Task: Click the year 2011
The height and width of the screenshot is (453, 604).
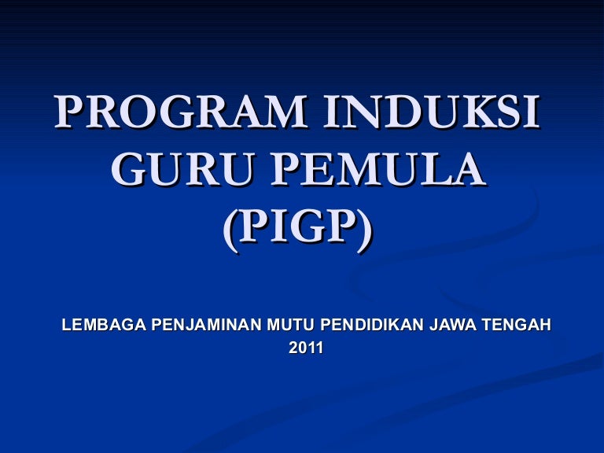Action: point(305,347)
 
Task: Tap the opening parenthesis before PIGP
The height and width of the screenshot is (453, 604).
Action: point(230,230)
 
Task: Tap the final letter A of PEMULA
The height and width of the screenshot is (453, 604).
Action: point(466,170)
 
